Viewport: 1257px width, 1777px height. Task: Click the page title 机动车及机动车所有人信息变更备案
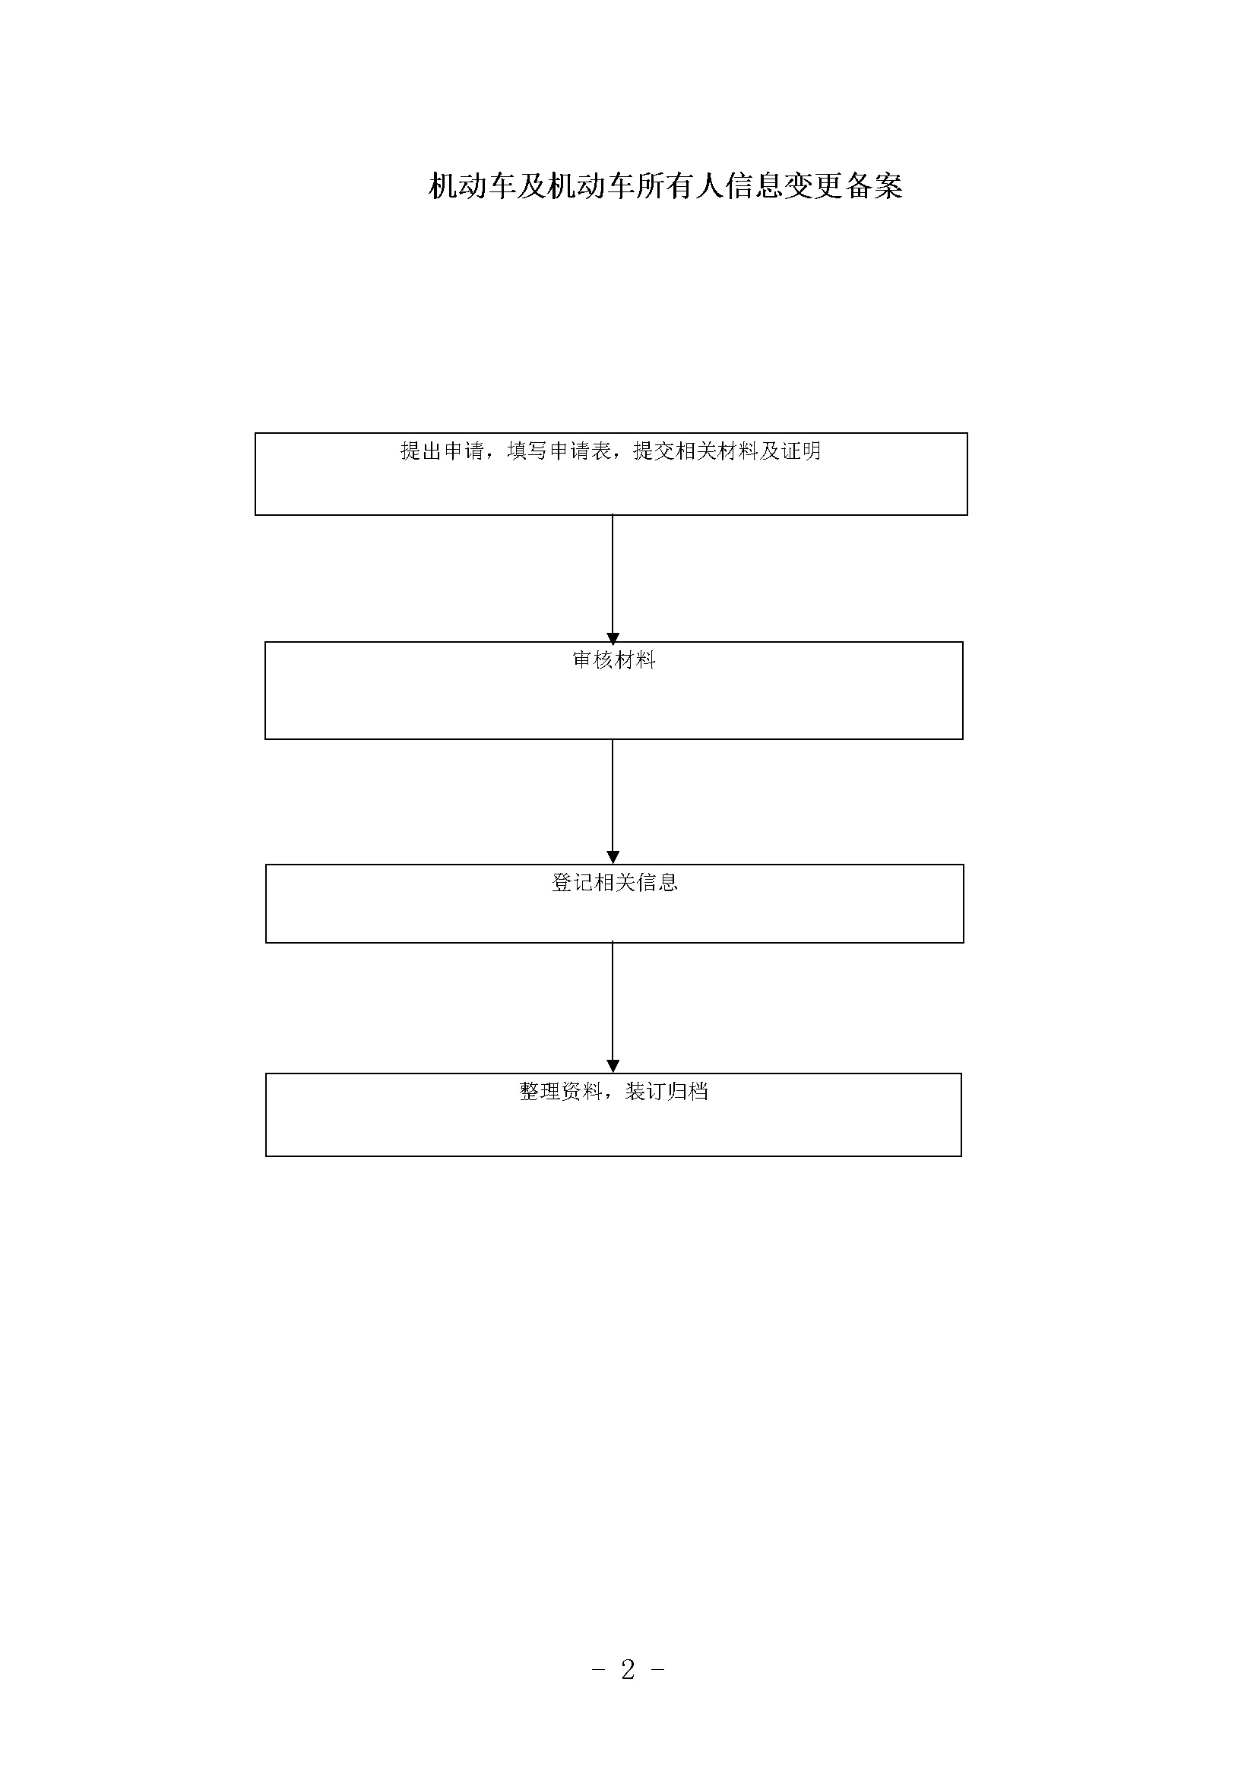point(666,187)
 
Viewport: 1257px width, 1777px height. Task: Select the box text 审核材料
point(614,660)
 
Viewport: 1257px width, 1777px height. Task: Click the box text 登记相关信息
point(615,882)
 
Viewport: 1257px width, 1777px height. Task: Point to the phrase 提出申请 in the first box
point(442,451)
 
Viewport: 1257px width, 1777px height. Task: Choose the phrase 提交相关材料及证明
point(727,451)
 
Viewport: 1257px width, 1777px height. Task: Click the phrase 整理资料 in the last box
point(560,1092)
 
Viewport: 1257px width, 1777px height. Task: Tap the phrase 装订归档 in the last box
point(666,1092)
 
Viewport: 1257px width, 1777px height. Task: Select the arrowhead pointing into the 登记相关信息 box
point(613,858)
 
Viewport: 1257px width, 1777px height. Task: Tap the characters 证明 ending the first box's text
point(800,451)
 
